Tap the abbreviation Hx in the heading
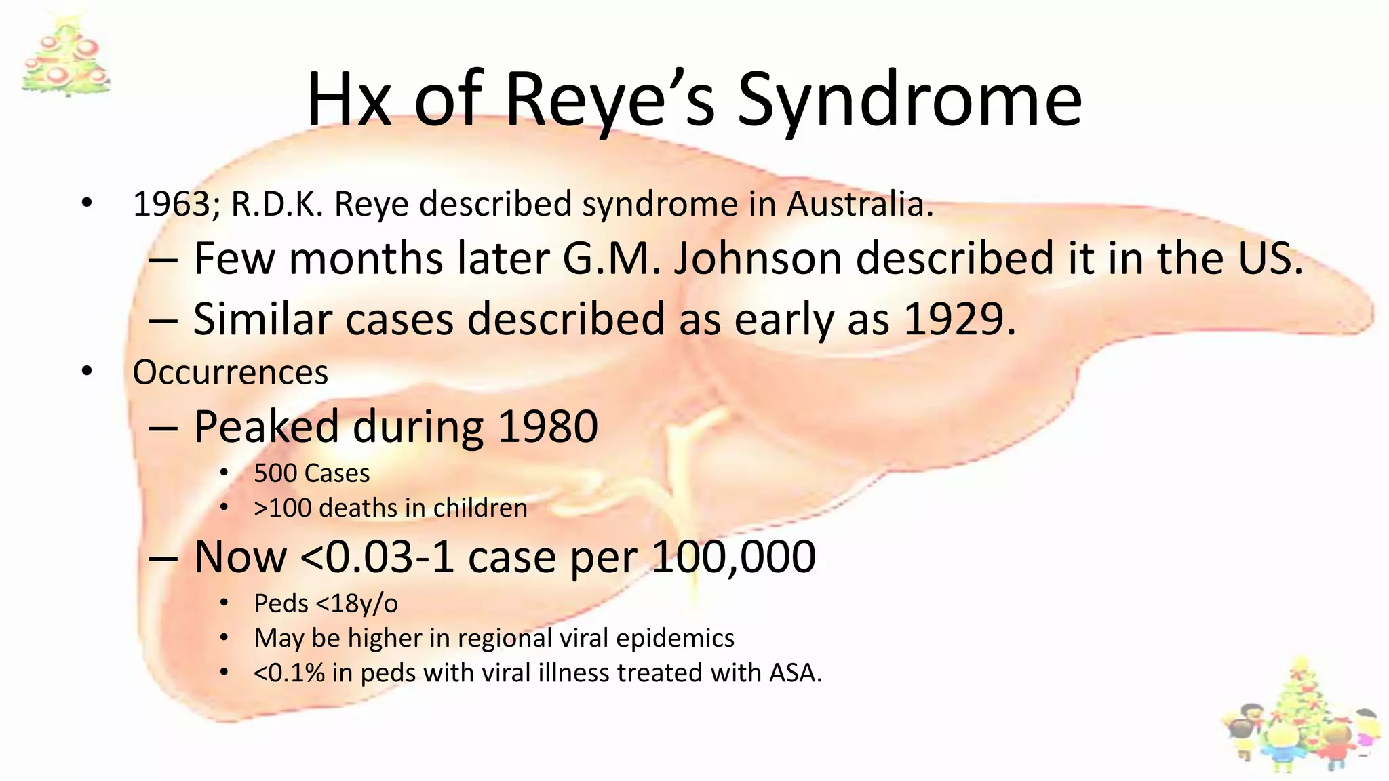(349, 100)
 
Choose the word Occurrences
(231, 372)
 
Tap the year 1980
(547, 426)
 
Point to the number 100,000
(733, 557)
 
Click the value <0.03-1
(376, 557)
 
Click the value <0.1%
(289, 673)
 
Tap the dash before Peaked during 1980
(163, 428)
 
